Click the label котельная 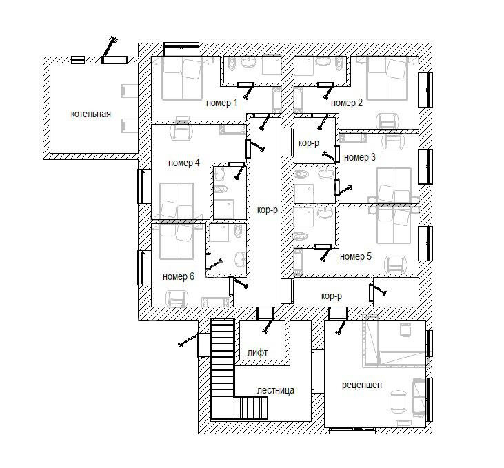tap(90, 114)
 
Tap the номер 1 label tap(221, 103)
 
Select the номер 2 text tap(347, 103)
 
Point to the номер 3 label tap(360, 158)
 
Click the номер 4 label tap(184, 163)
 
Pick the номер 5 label tap(356, 256)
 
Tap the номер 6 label tap(179, 277)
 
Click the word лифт tap(257, 353)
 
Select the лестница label tap(276, 391)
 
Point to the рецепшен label tap(361, 385)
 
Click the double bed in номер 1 tap(182, 78)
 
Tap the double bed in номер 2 tap(387, 78)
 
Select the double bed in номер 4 tap(177, 201)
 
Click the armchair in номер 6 tap(176, 298)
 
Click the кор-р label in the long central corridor tap(267, 210)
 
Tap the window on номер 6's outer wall tap(144, 267)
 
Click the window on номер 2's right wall tap(425, 90)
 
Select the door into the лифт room tap(265, 314)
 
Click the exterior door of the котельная tap(114, 60)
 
